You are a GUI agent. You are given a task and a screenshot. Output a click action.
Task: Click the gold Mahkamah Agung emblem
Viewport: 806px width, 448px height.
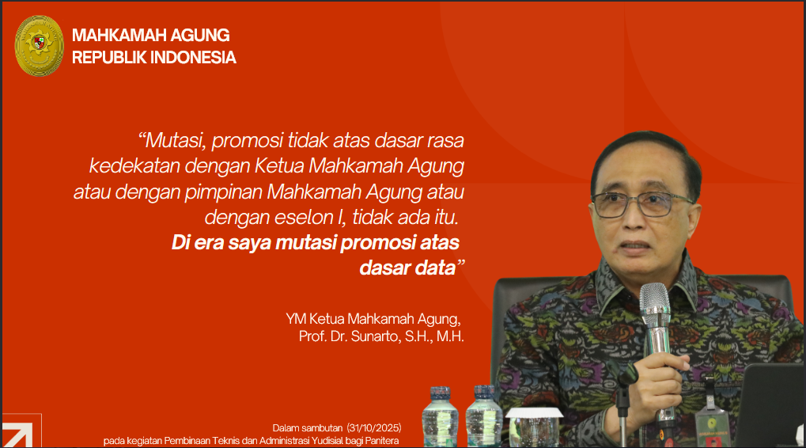click(x=39, y=46)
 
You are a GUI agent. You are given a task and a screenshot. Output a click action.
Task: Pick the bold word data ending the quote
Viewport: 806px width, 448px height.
click(x=433, y=267)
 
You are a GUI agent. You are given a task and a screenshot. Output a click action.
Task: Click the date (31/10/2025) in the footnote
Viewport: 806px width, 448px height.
click(x=373, y=427)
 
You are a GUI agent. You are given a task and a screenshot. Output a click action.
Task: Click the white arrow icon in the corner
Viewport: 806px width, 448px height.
click(x=17, y=435)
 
